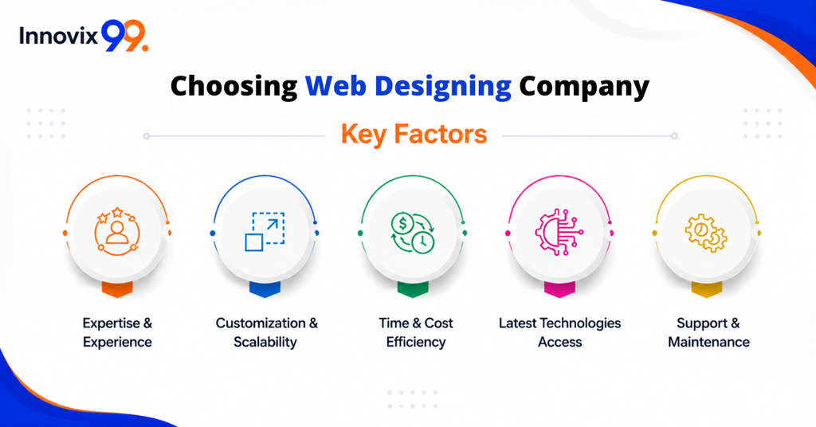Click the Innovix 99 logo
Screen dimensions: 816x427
(x=84, y=36)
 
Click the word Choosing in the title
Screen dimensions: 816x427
(x=233, y=87)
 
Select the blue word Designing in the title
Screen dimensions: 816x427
(x=443, y=87)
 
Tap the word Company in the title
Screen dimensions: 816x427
(x=584, y=87)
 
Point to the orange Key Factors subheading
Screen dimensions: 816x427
(x=414, y=134)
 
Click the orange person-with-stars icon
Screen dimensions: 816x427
(x=117, y=232)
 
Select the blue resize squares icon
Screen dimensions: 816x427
(x=265, y=232)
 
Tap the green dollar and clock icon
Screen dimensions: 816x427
(x=413, y=233)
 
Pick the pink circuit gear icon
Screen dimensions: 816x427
(x=559, y=232)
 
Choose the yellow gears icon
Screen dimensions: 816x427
(x=706, y=233)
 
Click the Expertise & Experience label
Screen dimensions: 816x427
(x=117, y=332)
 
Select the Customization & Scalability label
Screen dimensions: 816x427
(x=266, y=332)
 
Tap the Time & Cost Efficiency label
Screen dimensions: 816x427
(x=416, y=332)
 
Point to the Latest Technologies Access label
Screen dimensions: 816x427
(x=560, y=332)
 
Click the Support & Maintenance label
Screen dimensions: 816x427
(x=708, y=332)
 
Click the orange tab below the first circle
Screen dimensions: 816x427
(x=117, y=289)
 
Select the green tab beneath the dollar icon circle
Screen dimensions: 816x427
(x=413, y=289)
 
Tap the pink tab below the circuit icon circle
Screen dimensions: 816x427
(x=559, y=289)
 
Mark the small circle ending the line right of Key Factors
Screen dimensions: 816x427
(x=674, y=136)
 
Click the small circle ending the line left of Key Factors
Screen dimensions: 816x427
(x=147, y=136)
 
